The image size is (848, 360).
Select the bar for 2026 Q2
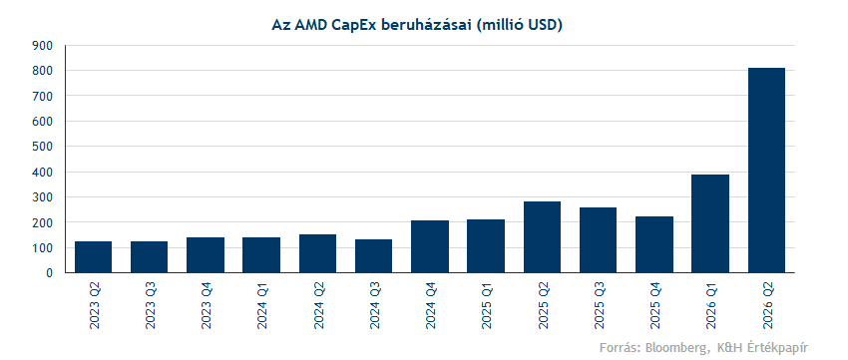766,171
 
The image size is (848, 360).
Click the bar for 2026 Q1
710,223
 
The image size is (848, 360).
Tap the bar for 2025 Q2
542,237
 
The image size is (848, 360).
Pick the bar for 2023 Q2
93,256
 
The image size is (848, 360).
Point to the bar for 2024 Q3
374,255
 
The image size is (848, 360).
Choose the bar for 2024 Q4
430,246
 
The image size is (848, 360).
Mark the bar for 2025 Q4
654,244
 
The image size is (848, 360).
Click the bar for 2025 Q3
599,240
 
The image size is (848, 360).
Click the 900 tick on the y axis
43,46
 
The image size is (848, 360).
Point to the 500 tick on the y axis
43,147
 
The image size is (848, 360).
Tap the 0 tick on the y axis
49,273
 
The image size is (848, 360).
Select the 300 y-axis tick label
43,197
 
